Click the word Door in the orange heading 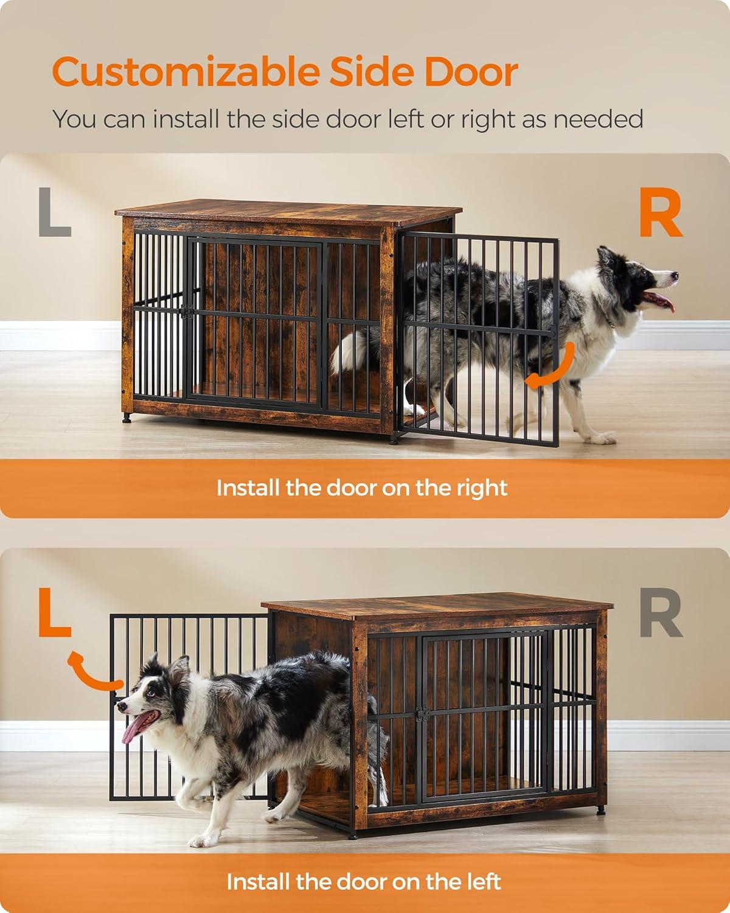(471, 72)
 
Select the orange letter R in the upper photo (659, 214)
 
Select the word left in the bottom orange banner (483, 881)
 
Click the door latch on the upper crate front (188, 311)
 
